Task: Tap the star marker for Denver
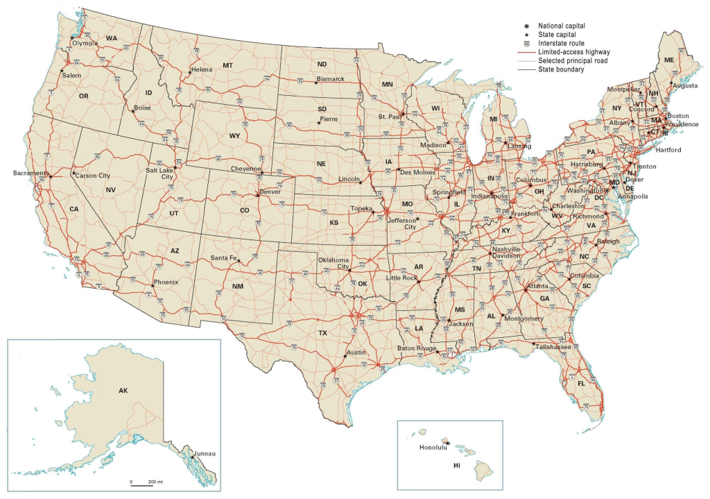(x=257, y=195)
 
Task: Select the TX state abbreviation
(x=322, y=333)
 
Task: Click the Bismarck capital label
(x=330, y=79)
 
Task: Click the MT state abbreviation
(x=227, y=65)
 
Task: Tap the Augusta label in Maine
(x=685, y=85)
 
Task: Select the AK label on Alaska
(x=123, y=391)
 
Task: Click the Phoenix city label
(x=166, y=282)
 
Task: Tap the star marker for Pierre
(x=319, y=123)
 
